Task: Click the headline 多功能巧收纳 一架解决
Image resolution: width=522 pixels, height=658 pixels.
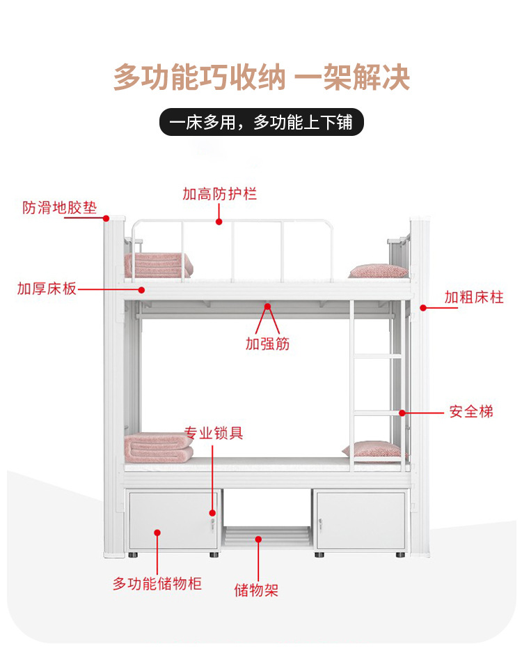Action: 261,77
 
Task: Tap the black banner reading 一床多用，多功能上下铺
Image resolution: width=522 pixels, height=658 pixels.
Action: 261,123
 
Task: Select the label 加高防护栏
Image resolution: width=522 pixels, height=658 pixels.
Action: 219,194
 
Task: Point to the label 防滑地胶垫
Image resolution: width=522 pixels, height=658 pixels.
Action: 59,207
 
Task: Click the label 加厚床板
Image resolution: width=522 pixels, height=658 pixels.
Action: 47,289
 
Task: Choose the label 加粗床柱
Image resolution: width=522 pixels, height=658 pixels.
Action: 474,298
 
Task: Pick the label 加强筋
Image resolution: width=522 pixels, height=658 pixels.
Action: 267,343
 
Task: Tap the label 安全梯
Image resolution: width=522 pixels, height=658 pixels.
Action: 471,411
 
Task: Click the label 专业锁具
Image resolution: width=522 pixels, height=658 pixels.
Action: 214,433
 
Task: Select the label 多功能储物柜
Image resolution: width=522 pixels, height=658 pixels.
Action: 157,583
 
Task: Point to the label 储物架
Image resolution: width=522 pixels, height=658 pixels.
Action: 256,590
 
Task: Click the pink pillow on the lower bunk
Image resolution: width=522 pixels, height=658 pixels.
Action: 372,450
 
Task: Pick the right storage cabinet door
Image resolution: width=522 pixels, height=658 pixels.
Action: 360,521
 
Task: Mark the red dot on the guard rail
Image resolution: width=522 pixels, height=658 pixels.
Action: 219,222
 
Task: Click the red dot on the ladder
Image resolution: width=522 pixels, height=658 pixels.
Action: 402,413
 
